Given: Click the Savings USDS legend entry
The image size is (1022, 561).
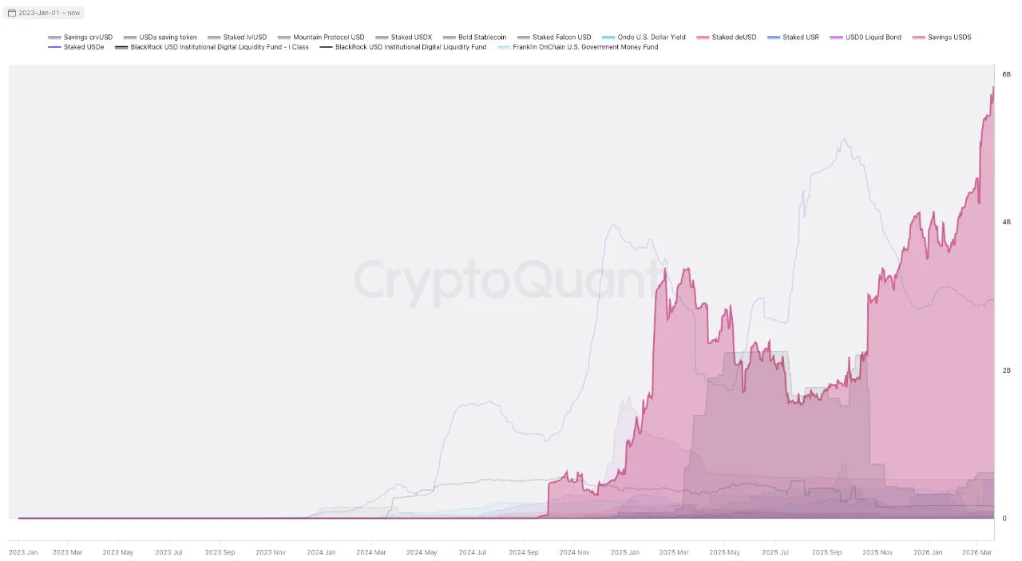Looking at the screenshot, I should pos(949,38).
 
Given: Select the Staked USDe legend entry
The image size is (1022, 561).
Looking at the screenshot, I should pos(83,47).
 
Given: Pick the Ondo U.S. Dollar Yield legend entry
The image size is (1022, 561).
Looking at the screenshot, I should pos(651,38).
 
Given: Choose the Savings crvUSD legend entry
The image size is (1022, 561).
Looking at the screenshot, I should pos(88,38).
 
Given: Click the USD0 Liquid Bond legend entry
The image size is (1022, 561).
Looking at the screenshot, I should pos(873,38).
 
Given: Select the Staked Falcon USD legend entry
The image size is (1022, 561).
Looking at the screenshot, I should pos(561,38).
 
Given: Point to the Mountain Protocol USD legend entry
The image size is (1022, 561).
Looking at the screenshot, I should pos(328,38).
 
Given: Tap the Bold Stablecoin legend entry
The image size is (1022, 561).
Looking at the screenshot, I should pos(481,38).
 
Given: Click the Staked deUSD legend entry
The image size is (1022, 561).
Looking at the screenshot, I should pos(733,38).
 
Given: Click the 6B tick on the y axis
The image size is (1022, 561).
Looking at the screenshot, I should pos(1007,73).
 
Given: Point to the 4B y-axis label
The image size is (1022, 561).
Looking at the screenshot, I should pos(1007,222).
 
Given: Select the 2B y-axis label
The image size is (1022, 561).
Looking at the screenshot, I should pos(1007,370).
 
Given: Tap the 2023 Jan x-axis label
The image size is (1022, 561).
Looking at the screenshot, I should pos(23,552).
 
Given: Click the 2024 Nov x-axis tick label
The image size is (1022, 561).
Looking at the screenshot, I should pos(574,552).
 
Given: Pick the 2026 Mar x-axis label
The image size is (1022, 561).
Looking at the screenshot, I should pos(977,552).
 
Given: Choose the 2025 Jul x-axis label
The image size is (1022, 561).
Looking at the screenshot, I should pos(775,552).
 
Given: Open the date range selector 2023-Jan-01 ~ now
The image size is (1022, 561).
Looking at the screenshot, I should pos(44,13).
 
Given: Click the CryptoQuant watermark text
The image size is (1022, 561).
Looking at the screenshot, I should pos(511,280).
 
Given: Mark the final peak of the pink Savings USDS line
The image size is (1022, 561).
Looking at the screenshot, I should pos(993,87).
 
